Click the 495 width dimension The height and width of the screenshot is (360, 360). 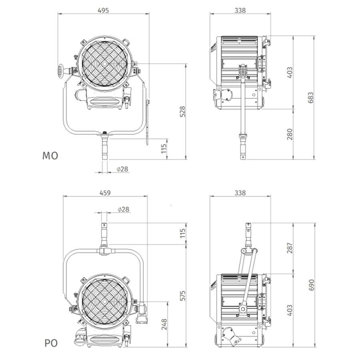(x=103, y=10)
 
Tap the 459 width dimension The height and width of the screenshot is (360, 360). (x=105, y=193)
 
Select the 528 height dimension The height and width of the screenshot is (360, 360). (x=182, y=112)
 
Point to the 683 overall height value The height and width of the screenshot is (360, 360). (x=310, y=98)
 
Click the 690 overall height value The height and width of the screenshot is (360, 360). (x=311, y=285)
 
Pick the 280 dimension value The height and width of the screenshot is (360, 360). (x=290, y=134)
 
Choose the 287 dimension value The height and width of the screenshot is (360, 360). (x=290, y=248)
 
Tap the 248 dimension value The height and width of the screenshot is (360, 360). (x=164, y=324)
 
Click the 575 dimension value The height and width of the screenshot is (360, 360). (x=182, y=296)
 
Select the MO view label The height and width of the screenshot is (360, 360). (x=50, y=156)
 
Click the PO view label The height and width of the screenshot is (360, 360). (x=51, y=343)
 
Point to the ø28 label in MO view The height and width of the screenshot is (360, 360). (x=122, y=169)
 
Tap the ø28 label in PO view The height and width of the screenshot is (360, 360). (x=123, y=209)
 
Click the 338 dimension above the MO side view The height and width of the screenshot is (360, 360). (x=240, y=10)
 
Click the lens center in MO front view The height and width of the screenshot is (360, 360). (x=105, y=63)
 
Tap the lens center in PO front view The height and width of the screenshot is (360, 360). (x=105, y=301)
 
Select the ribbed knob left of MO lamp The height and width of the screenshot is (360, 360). (x=60, y=71)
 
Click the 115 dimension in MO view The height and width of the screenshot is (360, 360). (x=164, y=149)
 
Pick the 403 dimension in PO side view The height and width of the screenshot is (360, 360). (x=290, y=310)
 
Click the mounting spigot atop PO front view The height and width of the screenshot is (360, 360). (x=104, y=234)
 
